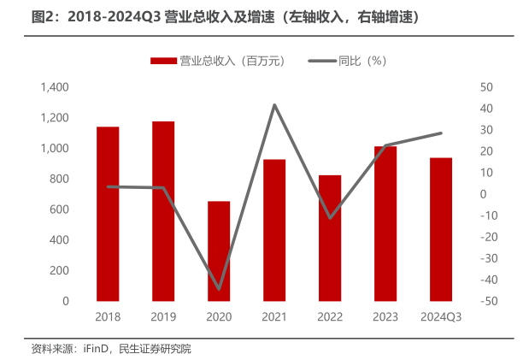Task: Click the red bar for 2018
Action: click(x=108, y=214)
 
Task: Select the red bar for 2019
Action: click(x=163, y=211)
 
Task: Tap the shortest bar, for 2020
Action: click(x=219, y=251)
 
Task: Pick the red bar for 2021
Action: click(x=274, y=230)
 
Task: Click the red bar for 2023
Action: click(x=385, y=223)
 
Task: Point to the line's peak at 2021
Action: click(x=274, y=105)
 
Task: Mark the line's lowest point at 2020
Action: click(x=219, y=289)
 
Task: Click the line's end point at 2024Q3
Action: click(x=441, y=133)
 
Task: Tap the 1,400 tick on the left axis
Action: click(x=54, y=88)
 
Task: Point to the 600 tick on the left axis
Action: click(x=59, y=210)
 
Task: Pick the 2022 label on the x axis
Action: click(x=330, y=317)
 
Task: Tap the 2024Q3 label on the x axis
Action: click(x=441, y=317)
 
